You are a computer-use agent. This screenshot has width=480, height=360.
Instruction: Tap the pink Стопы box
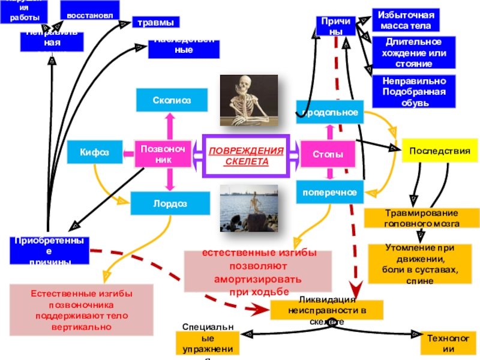[x=327, y=155]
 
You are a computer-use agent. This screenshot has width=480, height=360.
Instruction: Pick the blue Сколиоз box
[x=172, y=100]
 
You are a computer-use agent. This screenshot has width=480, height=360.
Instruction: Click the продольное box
[x=329, y=112]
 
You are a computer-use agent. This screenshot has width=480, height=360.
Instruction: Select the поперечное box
[x=329, y=193]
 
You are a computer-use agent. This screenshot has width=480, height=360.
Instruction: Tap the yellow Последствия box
[x=439, y=151]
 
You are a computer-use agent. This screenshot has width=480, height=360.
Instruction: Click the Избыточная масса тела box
[x=405, y=20]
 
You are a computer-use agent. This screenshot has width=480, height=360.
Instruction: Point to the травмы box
[x=155, y=23]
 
